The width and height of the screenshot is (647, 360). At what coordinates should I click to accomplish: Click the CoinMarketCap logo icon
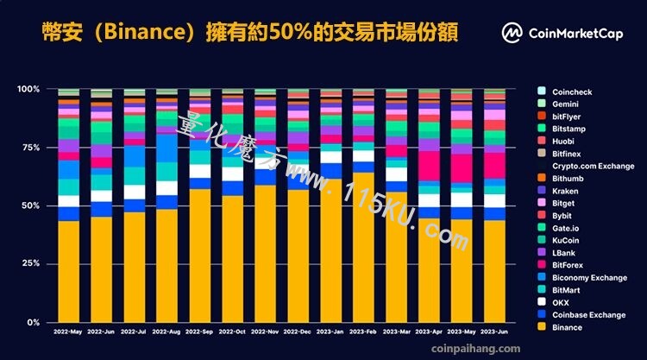tap(512, 33)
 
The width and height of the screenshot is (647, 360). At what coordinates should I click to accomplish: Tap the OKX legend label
tap(561, 303)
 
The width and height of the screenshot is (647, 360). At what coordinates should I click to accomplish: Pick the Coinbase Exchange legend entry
tap(581, 314)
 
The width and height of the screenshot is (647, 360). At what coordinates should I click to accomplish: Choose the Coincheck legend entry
tap(565, 92)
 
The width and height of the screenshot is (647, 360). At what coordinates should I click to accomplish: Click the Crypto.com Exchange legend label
tap(593, 166)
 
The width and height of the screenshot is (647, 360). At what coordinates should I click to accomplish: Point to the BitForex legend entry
tap(561, 265)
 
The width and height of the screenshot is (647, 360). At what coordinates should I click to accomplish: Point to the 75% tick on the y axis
tap(31, 148)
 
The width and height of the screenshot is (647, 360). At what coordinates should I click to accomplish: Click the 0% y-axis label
tap(34, 322)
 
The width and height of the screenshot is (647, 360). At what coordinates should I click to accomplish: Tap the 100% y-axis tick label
tap(28, 89)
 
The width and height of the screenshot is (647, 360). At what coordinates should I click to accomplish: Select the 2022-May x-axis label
tap(68, 332)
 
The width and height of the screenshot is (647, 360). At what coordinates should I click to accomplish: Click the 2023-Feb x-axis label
tap(363, 332)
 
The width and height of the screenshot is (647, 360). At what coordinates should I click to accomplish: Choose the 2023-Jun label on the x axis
tap(494, 332)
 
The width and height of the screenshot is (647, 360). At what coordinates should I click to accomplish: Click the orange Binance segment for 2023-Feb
tap(363, 247)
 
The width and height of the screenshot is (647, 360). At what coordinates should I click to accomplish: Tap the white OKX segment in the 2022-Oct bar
tap(233, 174)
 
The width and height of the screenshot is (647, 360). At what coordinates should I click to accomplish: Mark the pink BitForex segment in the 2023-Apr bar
tap(429, 166)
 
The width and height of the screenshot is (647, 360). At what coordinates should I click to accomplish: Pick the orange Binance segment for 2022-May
tap(68, 272)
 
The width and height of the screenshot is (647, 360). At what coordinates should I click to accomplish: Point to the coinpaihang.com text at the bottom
tap(475, 349)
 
